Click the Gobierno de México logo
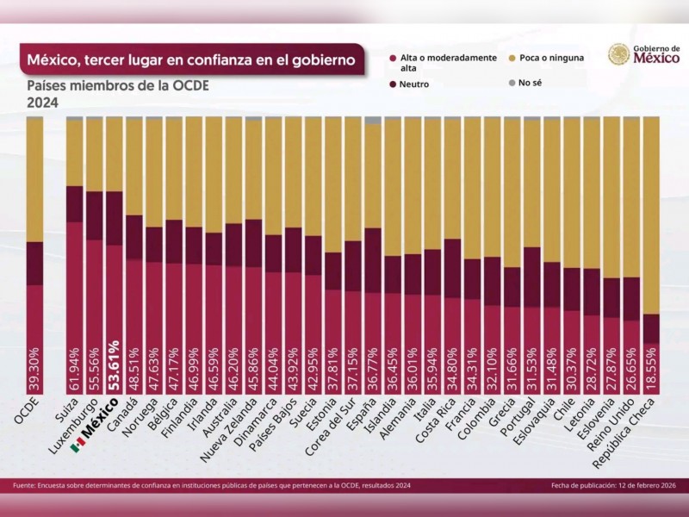point(638,54)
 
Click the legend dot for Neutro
point(394,84)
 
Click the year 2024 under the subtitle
point(42,103)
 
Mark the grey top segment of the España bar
point(373,120)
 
